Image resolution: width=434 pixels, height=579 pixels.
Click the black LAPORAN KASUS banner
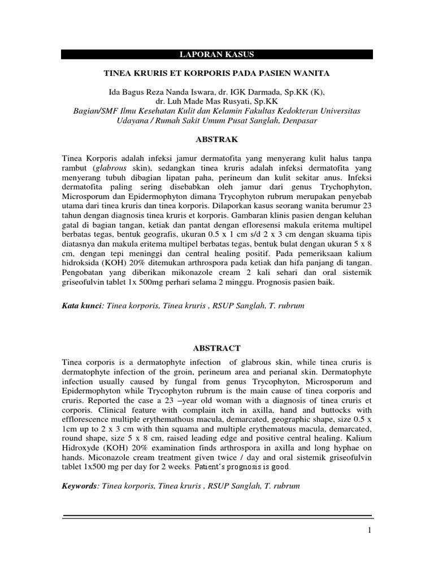tap(216, 54)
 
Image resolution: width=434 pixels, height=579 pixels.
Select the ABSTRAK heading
tap(216, 139)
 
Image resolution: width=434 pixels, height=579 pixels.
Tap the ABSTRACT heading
tap(216, 348)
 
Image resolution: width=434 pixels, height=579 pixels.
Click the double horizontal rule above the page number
tap(216, 517)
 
